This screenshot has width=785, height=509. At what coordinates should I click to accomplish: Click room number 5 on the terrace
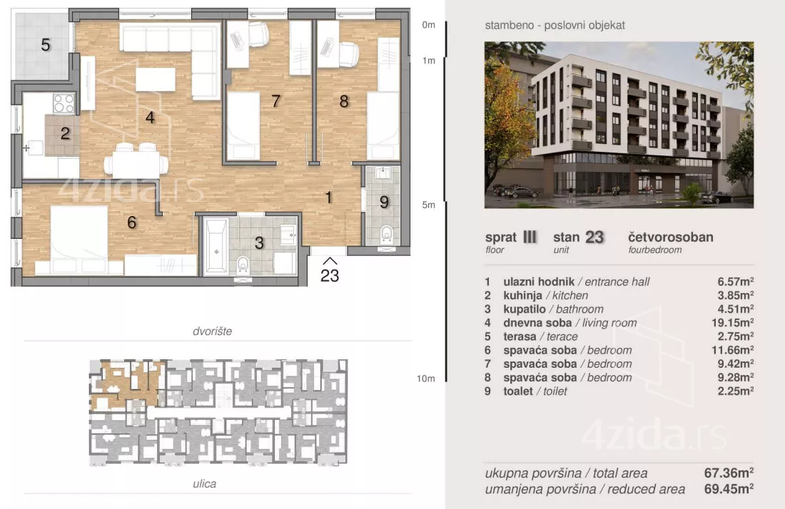46,45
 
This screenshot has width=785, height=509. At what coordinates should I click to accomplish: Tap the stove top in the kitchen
64,103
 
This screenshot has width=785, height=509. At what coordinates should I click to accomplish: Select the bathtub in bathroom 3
216,245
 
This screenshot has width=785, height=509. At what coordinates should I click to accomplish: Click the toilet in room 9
386,234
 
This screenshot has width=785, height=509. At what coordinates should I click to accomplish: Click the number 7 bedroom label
275,101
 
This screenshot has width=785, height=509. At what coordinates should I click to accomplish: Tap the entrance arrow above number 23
330,261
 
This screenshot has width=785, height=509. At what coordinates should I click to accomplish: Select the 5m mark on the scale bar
429,205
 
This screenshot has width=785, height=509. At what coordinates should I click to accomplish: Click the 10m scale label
426,379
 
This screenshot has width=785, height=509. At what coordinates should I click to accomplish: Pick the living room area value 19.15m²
732,322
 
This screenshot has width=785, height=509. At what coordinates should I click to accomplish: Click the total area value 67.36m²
729,473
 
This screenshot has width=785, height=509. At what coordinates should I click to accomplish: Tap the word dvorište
212,331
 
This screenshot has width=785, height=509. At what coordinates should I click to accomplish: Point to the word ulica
204,483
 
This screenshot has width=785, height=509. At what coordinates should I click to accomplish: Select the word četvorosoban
671,237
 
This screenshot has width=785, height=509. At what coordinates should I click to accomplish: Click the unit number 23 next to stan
594,237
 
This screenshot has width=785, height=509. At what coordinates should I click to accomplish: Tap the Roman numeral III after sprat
530,237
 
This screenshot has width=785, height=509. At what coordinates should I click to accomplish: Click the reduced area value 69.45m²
729,488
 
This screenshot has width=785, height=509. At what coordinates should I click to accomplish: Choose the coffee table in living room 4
156,79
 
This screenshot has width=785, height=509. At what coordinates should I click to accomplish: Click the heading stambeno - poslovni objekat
554,25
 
